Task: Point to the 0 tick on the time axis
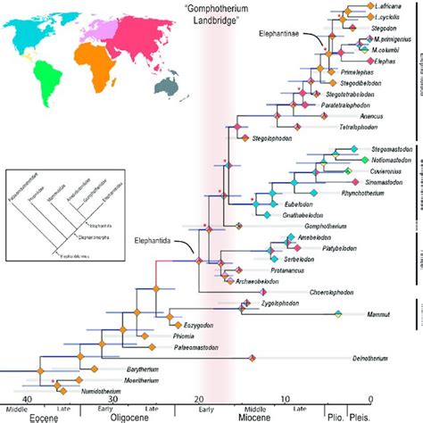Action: point(369,400)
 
